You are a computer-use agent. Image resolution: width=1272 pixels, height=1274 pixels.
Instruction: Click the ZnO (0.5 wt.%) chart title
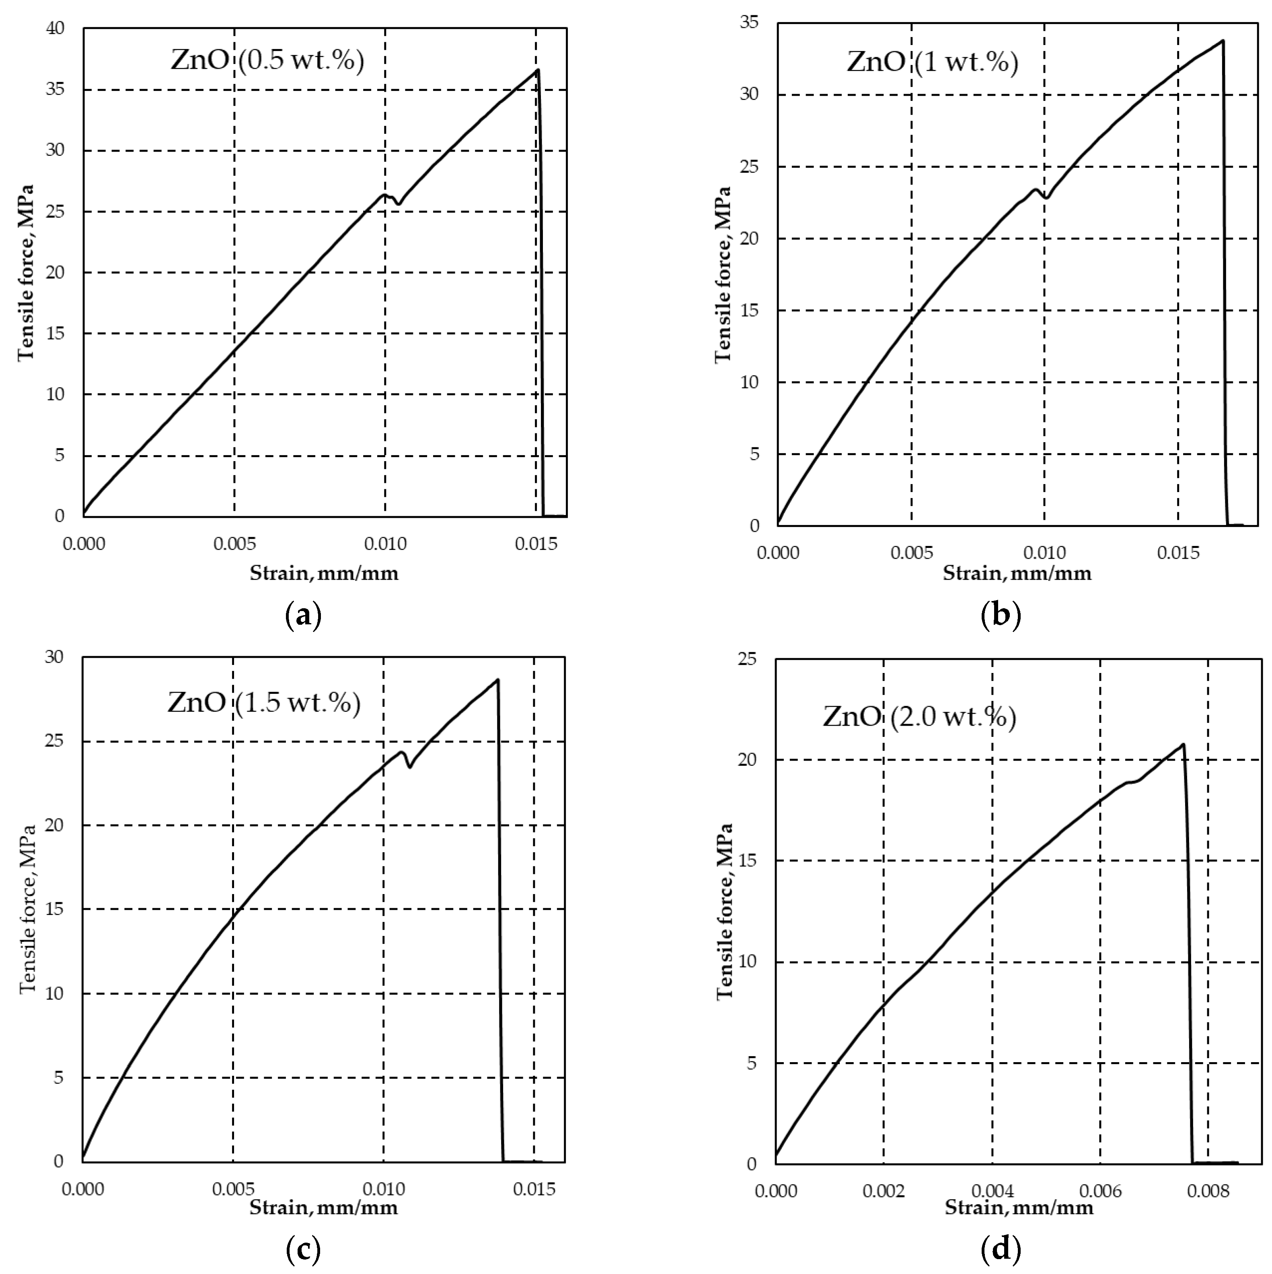point(267,61)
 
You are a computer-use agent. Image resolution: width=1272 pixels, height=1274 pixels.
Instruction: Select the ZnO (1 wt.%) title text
point(932,63)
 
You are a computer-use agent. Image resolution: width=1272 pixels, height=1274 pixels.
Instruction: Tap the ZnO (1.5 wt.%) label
point(264,703)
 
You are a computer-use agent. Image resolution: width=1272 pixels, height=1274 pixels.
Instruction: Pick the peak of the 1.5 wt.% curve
point(497,680)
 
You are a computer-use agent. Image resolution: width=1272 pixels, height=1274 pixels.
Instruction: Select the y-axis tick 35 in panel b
point(750,23)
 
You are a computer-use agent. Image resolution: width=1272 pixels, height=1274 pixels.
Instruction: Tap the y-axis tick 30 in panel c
point(54,657)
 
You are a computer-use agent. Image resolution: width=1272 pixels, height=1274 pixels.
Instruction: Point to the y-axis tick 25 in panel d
point(747,659)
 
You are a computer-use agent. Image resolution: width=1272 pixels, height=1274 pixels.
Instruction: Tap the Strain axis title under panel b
point(1017,573)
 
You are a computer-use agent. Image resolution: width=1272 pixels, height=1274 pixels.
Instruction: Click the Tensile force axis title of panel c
point(28,910)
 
